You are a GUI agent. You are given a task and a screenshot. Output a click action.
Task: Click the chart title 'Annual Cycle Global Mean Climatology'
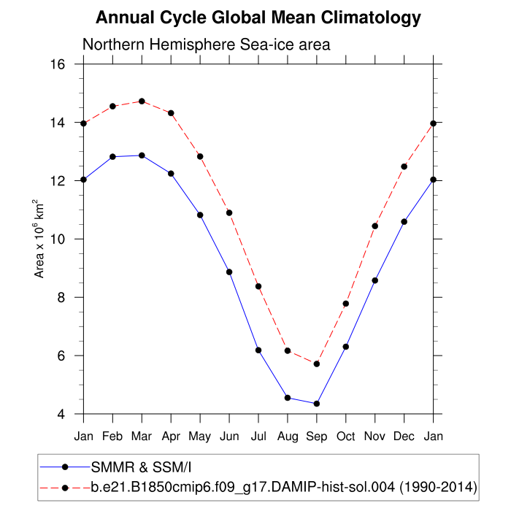(x=258, y=17)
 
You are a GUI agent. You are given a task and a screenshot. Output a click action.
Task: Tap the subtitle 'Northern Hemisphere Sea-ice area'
(x=207, y=45)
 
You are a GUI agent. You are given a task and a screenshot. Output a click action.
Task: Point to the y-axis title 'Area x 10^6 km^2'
(x=40, y=239)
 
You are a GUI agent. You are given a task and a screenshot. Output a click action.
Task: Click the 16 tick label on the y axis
(x=59, y=64)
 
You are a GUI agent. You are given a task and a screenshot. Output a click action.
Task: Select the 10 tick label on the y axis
(x=59, y=239)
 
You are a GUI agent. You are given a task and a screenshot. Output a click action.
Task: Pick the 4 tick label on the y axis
(x=62, y=415)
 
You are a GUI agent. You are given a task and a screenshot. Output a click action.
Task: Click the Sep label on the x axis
(x=317, y=437)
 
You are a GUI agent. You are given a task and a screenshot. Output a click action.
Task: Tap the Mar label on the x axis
(x=142, y=437)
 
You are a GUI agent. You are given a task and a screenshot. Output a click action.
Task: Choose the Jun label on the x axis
(x=229, y=437)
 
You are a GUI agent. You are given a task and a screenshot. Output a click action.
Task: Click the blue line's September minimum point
(x=317, y=404)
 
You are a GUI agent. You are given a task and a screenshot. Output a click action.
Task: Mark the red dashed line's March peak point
(x=142, y=101)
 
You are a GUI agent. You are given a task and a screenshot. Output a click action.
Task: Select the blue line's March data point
(x=142, y=155)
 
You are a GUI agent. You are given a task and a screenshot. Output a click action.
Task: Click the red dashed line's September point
(x=317, y=364)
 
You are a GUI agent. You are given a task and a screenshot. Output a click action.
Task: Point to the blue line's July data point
(x=258, y=350)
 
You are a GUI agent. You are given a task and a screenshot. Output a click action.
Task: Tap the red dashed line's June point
(x=229, y=213)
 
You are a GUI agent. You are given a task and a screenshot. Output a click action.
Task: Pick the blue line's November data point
(x=375, y=280)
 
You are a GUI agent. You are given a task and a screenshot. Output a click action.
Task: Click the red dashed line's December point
(x=404, y=166)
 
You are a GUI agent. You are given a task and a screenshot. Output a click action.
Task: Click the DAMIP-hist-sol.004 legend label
(x=284, y=486)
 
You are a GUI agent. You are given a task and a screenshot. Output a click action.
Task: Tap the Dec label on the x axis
(x=404, y=437)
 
